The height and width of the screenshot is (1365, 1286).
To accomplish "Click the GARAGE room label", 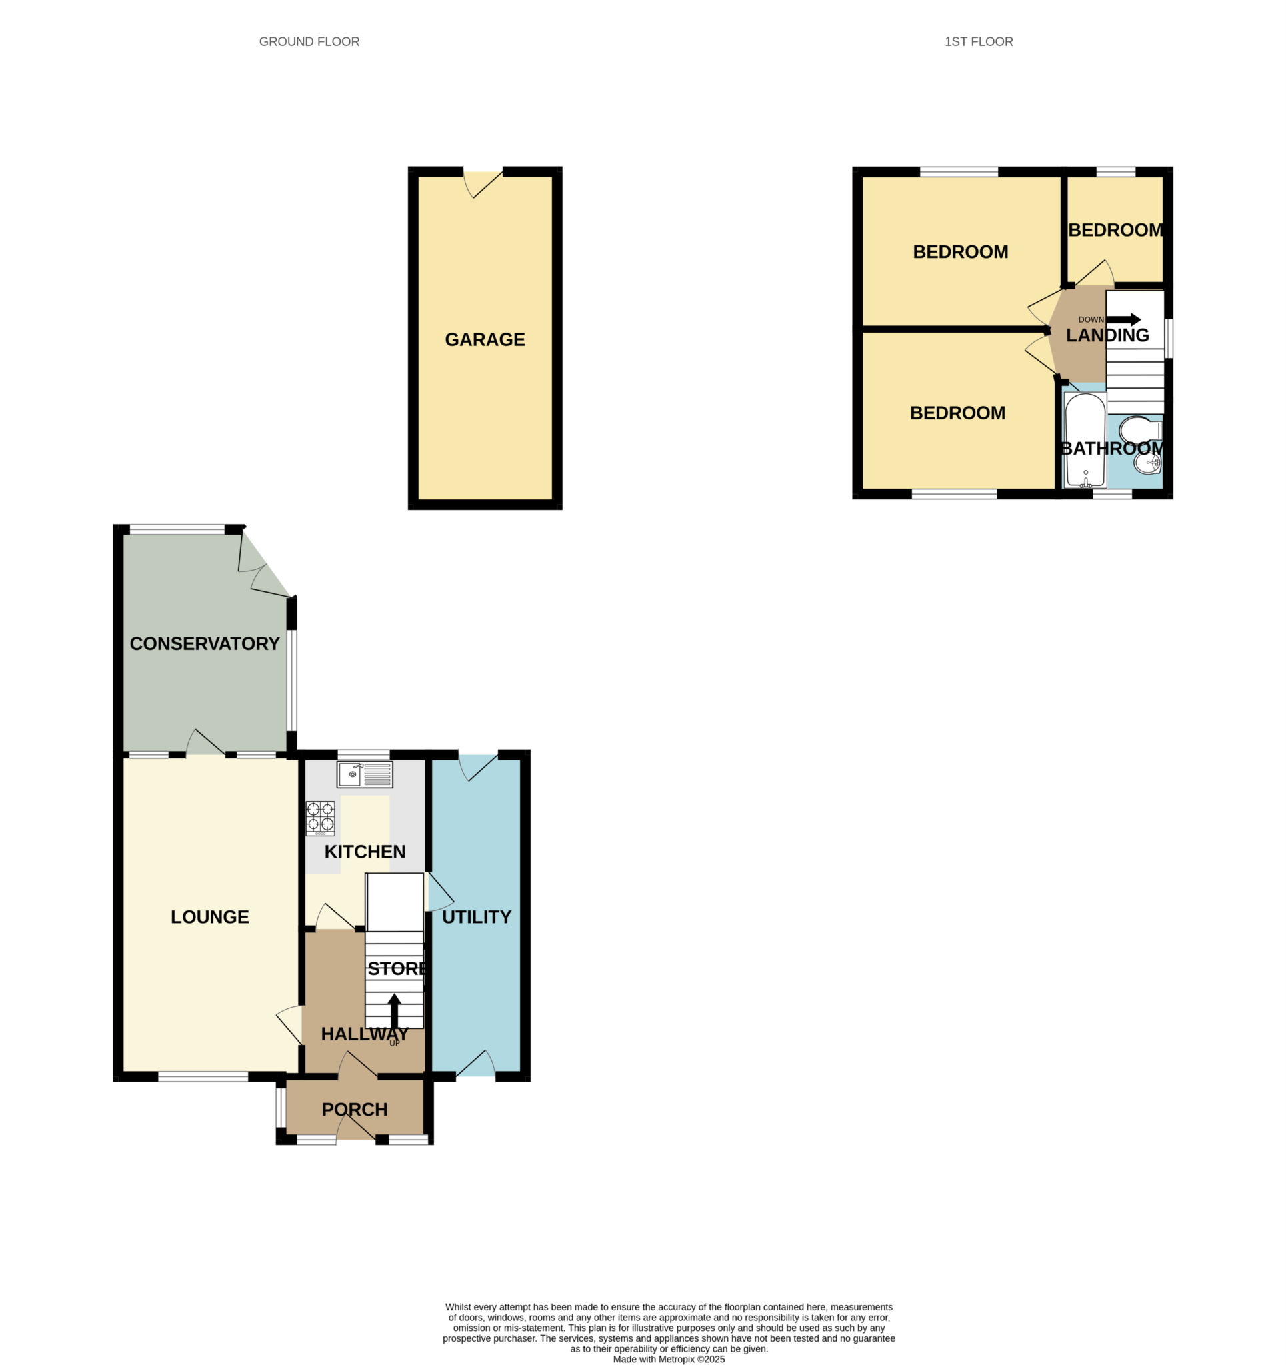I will tap(484, 339).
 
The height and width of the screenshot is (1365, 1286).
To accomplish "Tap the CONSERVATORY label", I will tap(205, 643).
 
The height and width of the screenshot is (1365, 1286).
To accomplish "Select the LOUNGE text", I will tap(209, 916).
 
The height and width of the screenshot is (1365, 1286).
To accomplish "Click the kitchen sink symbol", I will tap(364, 774).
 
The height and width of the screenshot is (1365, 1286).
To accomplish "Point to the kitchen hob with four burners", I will tap(320, 818).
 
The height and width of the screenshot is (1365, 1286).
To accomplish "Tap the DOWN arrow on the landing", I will tap(1123, 319).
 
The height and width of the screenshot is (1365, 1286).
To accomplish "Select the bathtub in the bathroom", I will tap(1085, 440).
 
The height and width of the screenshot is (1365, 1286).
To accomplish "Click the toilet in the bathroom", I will tap(1140, 431).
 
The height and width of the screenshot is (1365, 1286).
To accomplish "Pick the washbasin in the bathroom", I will tap(1148, 464).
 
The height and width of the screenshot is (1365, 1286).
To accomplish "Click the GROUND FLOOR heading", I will tap(309, 42).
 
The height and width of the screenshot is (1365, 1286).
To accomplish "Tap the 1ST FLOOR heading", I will tap(978, 42).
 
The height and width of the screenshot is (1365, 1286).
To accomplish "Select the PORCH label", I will tap(355, 1110).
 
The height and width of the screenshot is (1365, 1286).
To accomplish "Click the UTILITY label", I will tap(476, 916).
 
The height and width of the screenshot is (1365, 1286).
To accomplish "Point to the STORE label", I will tap(397, 969).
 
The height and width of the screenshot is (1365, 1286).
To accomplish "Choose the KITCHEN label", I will tap(365, 852).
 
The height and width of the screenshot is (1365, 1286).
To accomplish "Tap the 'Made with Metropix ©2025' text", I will tap(669, 1359).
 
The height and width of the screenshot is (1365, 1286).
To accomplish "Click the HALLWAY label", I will tap(365, 1034).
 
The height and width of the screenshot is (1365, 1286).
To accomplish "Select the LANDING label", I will tap(1107, 335).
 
